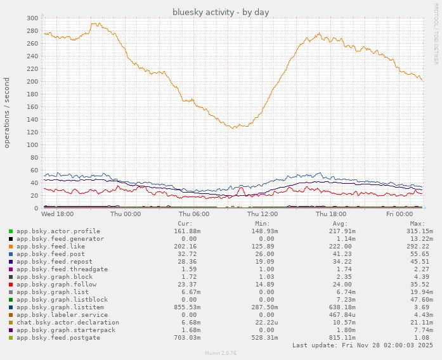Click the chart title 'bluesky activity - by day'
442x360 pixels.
[x=221, y=12]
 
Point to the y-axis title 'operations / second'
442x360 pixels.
[x=7, y=113]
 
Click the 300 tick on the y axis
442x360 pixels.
[x=32, y=18]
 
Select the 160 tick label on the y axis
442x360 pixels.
[x=32, y=106]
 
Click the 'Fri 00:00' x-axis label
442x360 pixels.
[x=400, y=214]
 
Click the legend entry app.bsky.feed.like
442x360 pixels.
[x=50, y=247]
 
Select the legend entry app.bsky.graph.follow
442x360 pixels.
[x=56, y=285]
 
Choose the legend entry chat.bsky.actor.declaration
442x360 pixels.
[x=67, y=323]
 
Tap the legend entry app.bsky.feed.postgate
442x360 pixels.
[x=58, y=338]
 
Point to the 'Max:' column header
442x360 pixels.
[x=417, y=224]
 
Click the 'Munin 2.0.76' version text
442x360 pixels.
[x=221, y=352]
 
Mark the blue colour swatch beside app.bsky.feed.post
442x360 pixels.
[x=11, y=254]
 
